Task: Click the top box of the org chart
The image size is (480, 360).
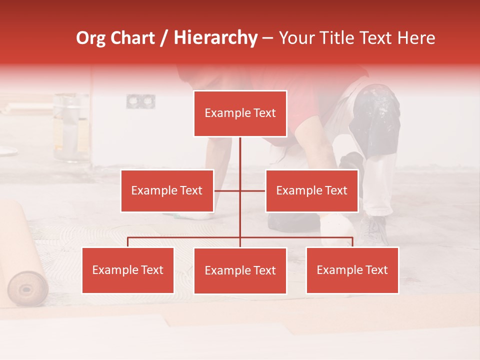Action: [x=240, y=113]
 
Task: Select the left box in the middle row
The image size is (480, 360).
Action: [x=167, y=190]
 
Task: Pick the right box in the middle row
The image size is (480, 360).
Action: [x=311, y=190]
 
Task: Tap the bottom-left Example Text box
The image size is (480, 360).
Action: [x=128, y=270]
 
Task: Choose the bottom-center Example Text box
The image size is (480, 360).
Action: [x=240, y=270]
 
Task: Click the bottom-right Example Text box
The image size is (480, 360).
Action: [x=352, y=270]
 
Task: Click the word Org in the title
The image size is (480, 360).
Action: [x=90, y=38]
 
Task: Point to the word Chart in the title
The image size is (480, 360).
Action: [x=132, y=38]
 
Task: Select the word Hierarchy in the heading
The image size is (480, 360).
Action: [x=215, y=38]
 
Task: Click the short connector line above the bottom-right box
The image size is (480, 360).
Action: [x=352, y=242]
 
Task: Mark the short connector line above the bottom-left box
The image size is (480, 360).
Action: [x=127, y=242]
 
